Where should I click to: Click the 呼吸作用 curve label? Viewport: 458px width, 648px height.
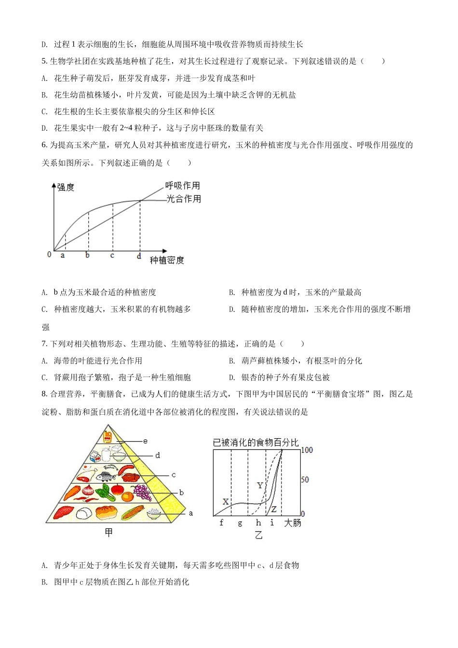click(x=182, y=186)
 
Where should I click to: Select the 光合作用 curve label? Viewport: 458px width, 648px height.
click(x=184, y=199)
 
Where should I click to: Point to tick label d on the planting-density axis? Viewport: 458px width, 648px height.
click(x=139, y=256)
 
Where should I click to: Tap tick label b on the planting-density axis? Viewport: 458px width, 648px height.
click(x=87, y=255)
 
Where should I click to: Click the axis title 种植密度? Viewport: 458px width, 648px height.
click(x=167, y=260)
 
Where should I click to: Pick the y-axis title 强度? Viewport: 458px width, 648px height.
click(x=66, y=187)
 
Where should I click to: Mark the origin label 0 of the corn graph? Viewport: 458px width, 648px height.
click(x=49, y=254)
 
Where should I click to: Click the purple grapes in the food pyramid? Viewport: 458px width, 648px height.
click(x=142, y=492)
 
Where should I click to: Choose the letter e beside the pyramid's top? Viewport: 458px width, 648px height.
click(x=145, y=441)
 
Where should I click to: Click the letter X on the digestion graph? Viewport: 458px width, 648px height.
click(x=225, y=502)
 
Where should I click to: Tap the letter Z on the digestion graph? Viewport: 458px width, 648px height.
click(x=274, y=509)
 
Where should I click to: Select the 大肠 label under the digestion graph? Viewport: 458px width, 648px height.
click(x=293, y=523)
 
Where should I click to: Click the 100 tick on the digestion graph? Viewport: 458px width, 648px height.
click(x=307, y=450)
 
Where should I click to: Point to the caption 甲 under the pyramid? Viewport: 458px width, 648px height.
click(x=108, y=532)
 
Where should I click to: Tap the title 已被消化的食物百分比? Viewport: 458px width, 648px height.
click(x=256, y=442)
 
